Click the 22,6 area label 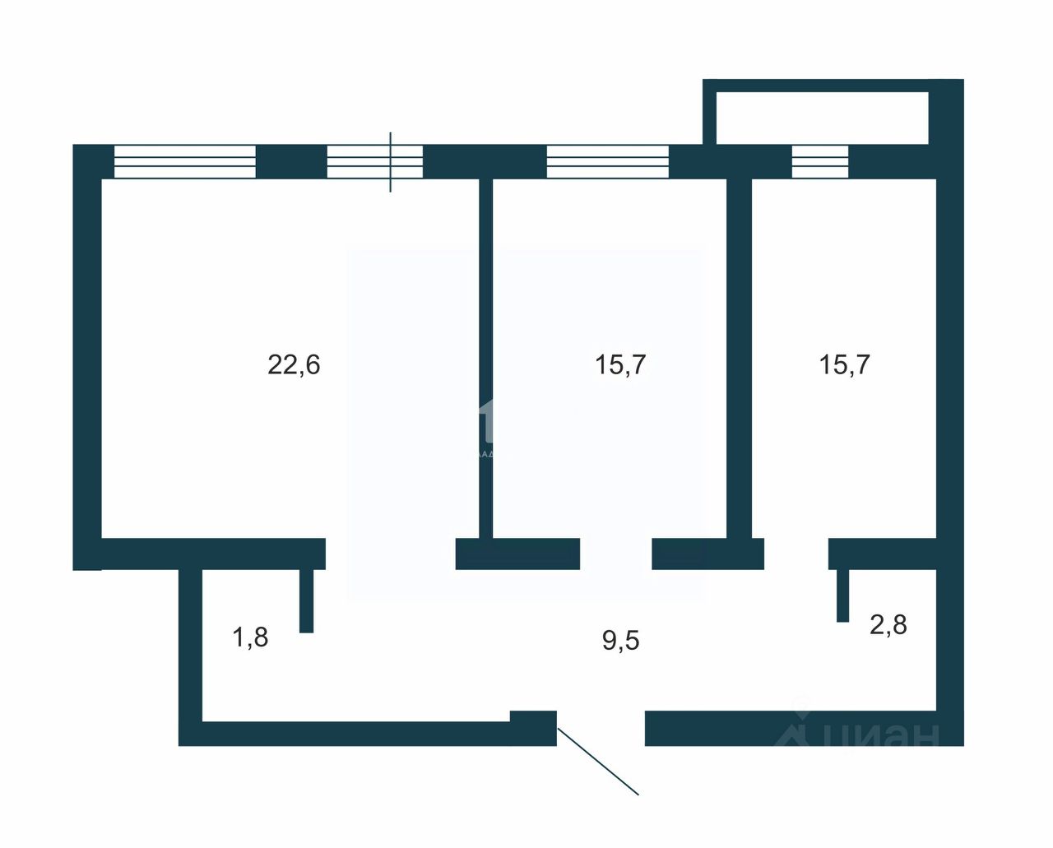(294, 364)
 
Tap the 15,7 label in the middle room (620, 364)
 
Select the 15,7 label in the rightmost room (844, 364)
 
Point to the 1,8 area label (251, 637)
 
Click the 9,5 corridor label (620, 640)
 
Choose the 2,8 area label (888, 625)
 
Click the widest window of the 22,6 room (184, 161)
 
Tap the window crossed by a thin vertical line (374, 161)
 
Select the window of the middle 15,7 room (607, 161)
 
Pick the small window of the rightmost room (819, 161)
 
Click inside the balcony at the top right (821, 117)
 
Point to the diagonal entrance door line (598, 762)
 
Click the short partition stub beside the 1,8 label (306, 600)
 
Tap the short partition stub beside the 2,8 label (842, 595)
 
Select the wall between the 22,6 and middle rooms (485, 362)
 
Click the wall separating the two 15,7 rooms (739, 362)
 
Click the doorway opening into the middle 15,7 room (615, 554)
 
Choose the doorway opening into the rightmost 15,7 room (796, 554)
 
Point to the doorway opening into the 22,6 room (391, 554)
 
